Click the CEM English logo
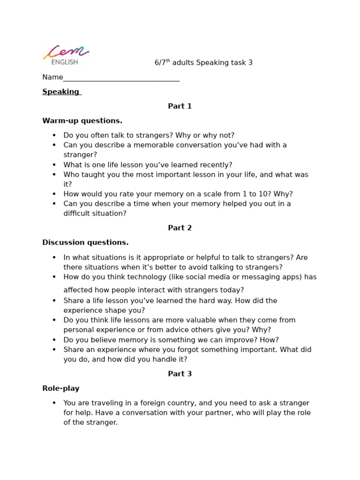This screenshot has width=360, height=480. point(66,55)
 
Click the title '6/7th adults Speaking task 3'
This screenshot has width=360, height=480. point(203,63)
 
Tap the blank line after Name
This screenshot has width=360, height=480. point(121,78)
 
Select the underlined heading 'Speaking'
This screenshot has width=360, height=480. point(61,92)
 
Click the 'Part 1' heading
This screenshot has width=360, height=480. point(180,106)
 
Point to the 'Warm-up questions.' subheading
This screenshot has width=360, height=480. point(82,121)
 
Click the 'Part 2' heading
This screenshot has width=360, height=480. point(180,228)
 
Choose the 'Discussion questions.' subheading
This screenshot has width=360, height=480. point(85,243)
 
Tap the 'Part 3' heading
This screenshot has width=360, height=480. point(180,374)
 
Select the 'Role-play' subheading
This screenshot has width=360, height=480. point(61,389)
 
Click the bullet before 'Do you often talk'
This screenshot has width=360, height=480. point(54,135)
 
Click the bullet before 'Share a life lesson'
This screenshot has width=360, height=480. point(54,301)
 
